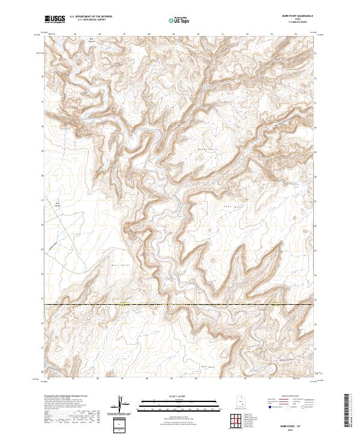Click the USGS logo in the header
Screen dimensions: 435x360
coord(55,19)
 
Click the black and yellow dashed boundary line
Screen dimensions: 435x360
coord(180,305)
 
